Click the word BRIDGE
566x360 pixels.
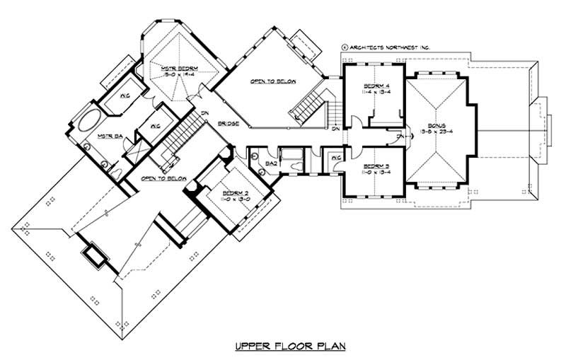click(x=229, y=124)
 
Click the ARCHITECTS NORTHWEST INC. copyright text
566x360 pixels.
click(x=386, y=47)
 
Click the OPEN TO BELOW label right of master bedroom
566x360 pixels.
click(x=272, y=83)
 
